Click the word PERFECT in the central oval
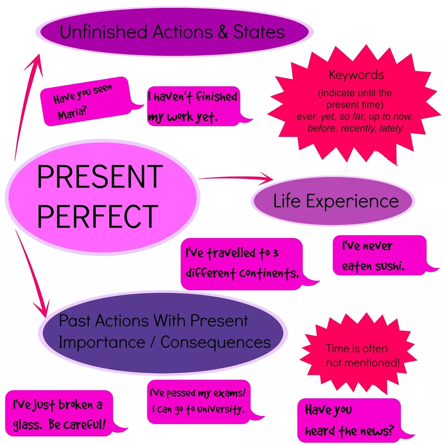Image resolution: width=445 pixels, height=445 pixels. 97,216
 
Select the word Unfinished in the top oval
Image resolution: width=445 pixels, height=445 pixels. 103,32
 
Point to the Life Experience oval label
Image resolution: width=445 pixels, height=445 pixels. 336,201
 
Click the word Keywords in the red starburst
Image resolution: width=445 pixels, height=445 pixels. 356,75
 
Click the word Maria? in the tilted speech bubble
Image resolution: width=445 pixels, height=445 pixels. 72,113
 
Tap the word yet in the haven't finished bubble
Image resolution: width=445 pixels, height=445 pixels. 206,117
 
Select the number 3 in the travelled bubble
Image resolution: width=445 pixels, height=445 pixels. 275,253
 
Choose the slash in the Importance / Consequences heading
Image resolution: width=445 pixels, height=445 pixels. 152,342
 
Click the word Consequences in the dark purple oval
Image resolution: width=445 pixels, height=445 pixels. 216,343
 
